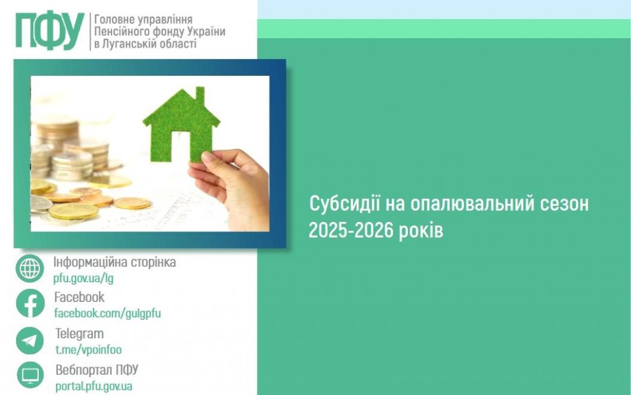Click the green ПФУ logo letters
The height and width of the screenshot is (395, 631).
click(49, 31)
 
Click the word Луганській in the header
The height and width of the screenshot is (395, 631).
click(133, 44)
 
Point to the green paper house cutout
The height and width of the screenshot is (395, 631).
click(181, 124)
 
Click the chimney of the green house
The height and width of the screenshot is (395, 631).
click(200, 96)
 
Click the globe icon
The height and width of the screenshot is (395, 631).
click(30, 269)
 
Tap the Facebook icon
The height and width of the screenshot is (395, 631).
click(30, 304)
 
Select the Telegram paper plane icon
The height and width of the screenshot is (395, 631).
click(30, 340)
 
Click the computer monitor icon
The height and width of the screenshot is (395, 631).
click(30, 375)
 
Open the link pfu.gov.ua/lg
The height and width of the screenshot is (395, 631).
click(83, 278)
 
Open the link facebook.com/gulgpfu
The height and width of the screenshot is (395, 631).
click(107, 313)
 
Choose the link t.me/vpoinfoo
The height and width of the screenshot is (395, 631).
click(88, 349)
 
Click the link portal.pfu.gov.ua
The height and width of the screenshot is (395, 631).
click(94, 386)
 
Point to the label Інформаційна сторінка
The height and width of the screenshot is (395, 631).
click(115, 262)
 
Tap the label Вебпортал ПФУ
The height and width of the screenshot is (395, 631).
click(97, 370)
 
